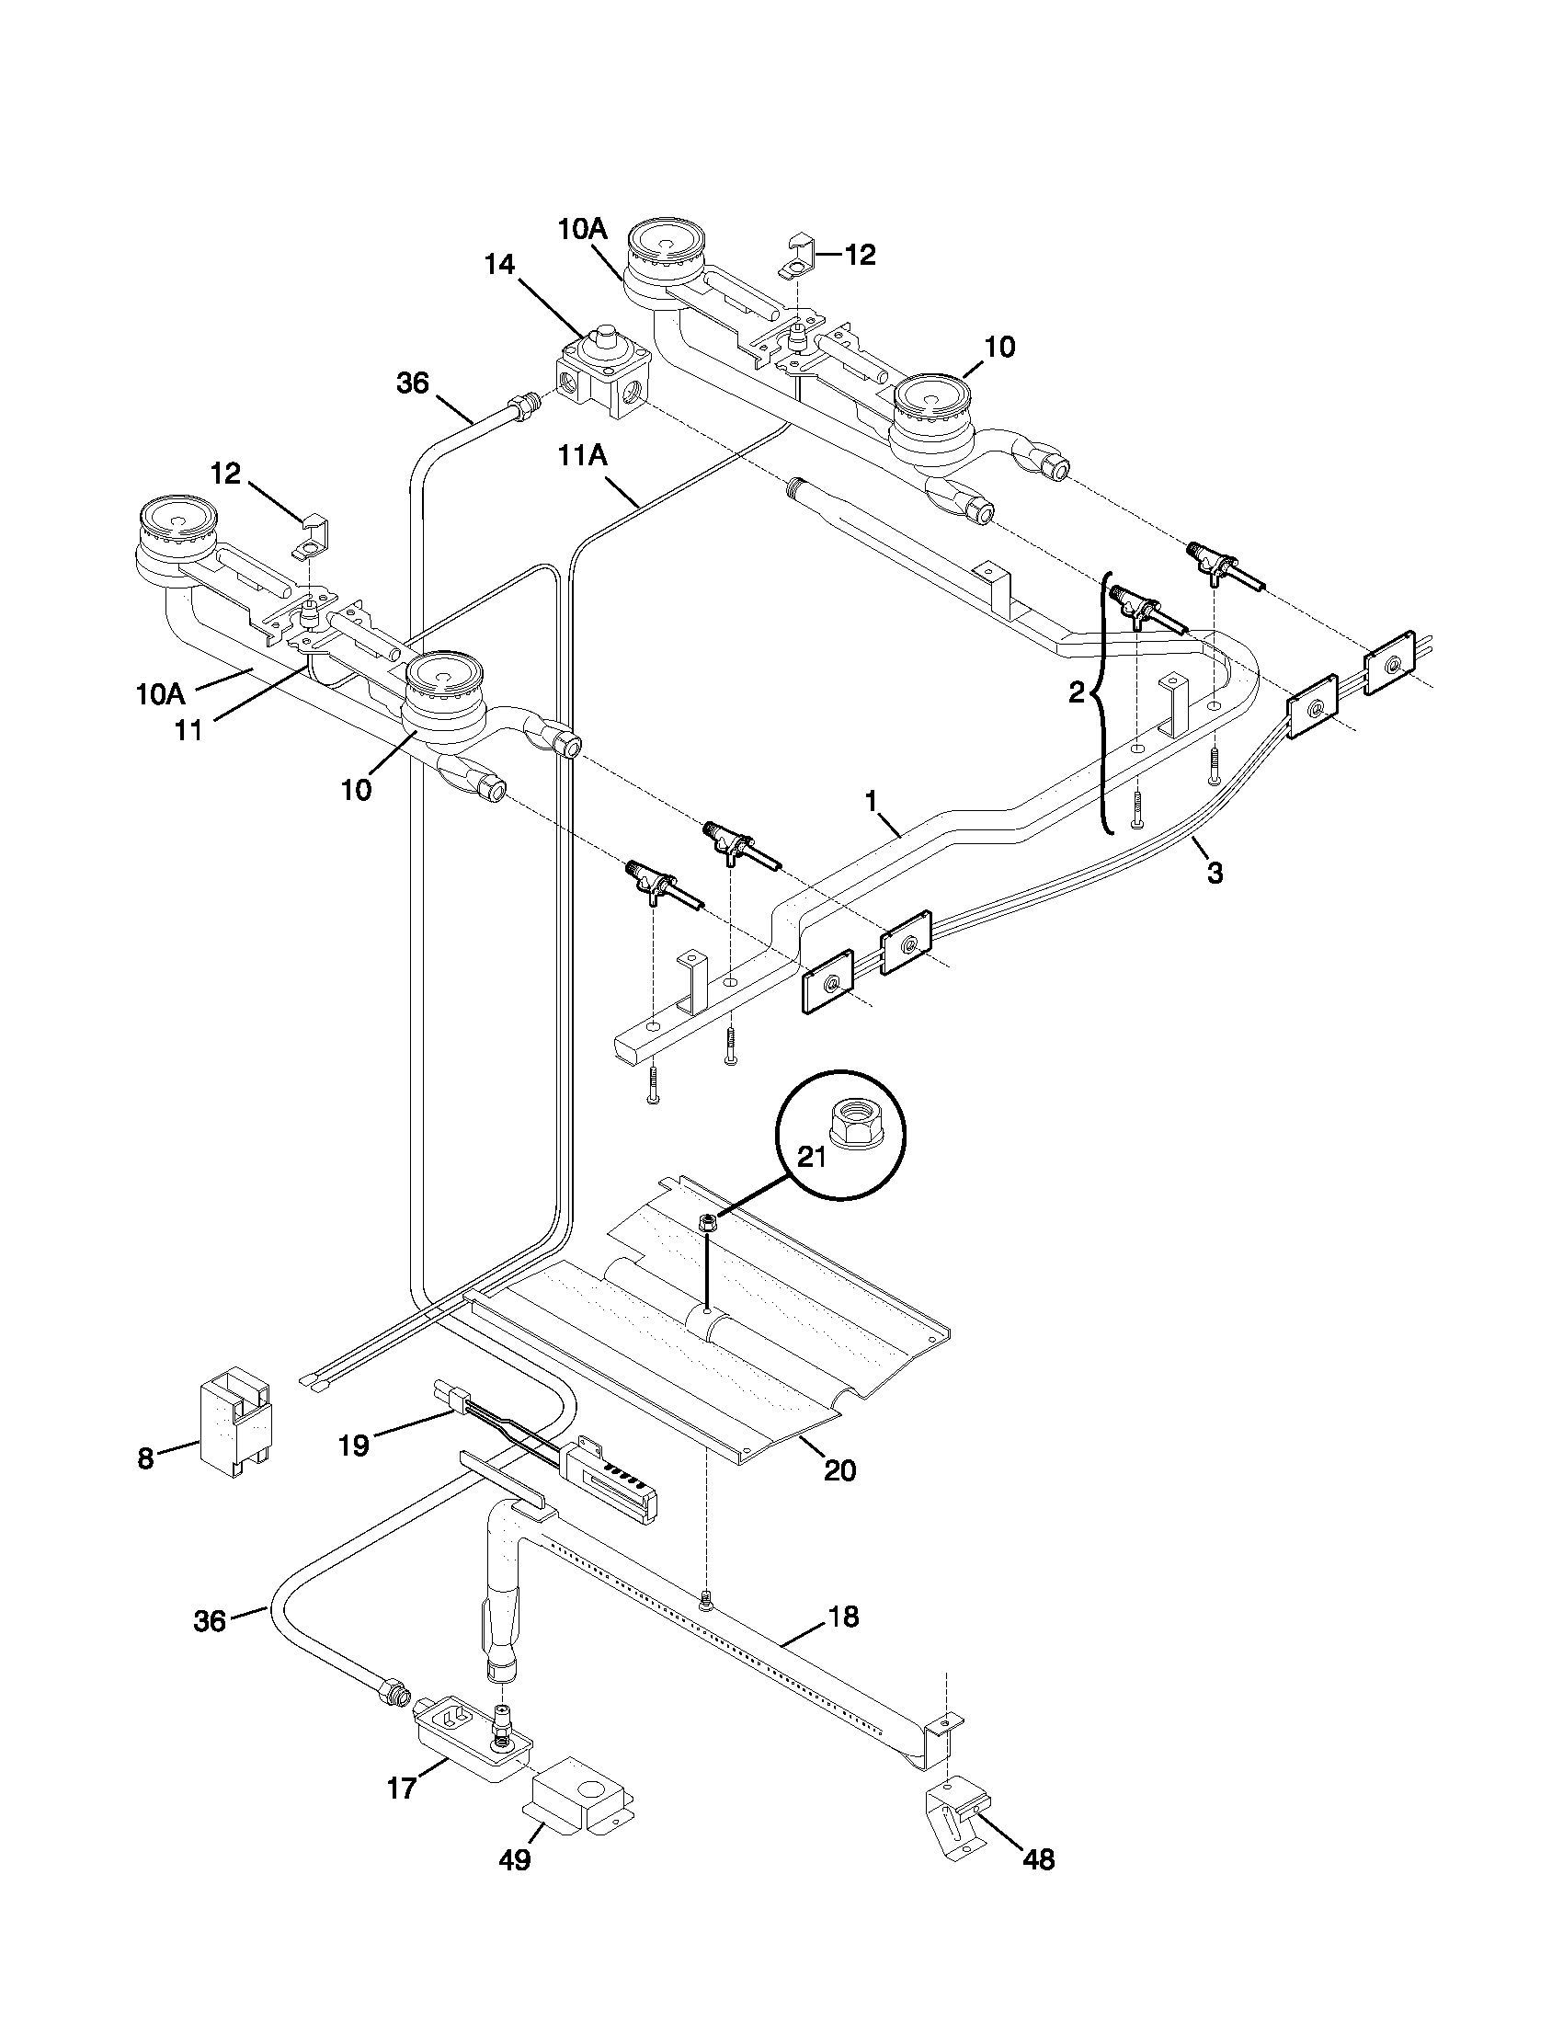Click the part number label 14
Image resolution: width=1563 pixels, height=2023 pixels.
tap(499, 265)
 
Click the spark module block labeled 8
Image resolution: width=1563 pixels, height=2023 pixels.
tap(234, 1431)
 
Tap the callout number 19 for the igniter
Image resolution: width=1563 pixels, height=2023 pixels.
tap(354, 1445)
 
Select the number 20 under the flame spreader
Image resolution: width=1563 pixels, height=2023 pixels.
tap(839, 1470)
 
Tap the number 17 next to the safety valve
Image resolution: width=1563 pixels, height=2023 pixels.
tap(402, 1789)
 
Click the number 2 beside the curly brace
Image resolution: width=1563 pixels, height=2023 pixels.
tap(1076, 691)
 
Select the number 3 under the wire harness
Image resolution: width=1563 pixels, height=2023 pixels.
tap(1214, 872)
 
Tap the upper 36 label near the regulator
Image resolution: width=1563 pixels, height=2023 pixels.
tap(413, 383)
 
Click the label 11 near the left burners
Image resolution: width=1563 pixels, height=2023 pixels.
tap(188, 731)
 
